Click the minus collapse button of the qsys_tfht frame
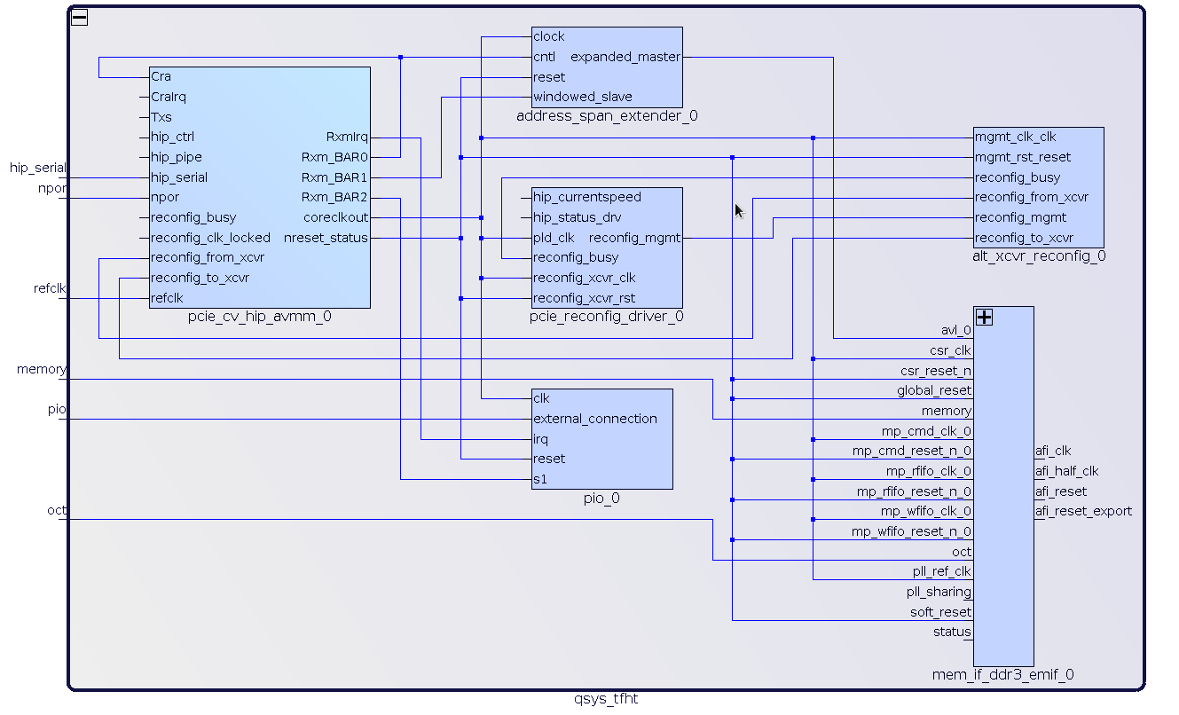(80, 17)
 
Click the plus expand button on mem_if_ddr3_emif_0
(984, 317)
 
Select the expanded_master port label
(625, 57)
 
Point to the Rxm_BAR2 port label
(334, 197)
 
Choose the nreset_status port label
(326, 238)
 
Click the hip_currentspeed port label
(586, 197)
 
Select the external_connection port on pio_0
(595, 419)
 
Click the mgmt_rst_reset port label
(1023, 157)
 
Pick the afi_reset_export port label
(1083, 511)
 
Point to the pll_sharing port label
(939, 592)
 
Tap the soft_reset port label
(940, 612)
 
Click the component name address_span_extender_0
(607, 116)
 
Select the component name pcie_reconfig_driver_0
(607, 317)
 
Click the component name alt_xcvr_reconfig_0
(1039, 256)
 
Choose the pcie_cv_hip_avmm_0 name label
(260, 317)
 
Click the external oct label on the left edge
(57, 510)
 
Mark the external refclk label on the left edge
(50, 288)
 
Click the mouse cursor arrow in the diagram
(738, 209)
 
